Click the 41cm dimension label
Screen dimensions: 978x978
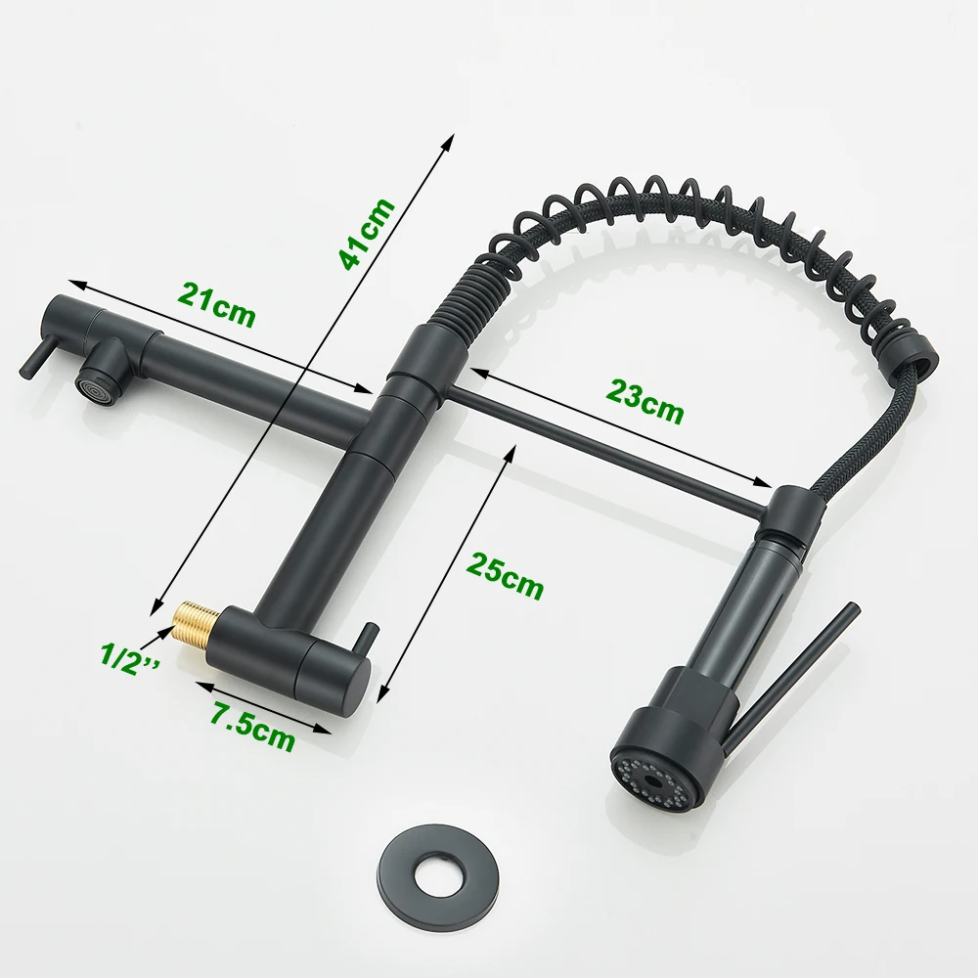tap(367, 234)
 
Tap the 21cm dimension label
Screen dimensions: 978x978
tap(216, 305)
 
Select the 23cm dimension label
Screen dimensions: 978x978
tap(645, 401)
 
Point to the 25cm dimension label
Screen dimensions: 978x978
tap(505, 575)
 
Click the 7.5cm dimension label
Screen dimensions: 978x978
tap(252, 726)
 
